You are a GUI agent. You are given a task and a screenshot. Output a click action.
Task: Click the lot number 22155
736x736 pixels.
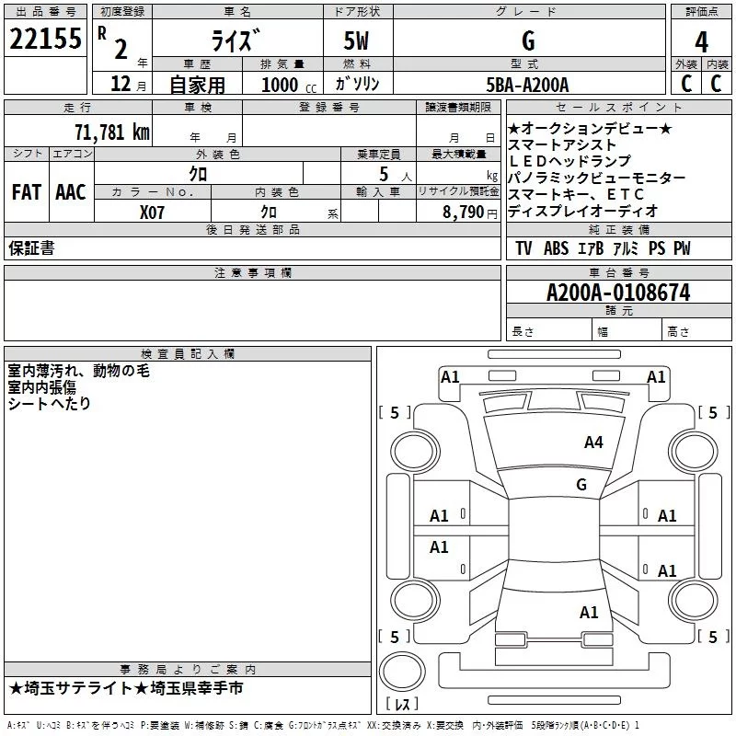[45, 40]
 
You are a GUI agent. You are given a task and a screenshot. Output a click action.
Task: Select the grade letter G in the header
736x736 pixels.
[527, 41]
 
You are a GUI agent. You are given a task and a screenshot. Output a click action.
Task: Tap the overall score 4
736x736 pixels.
[701, 41]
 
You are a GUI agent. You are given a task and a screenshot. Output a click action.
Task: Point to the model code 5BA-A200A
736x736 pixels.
[527, 85]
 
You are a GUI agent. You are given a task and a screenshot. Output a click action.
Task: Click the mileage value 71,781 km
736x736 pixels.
[111, 132]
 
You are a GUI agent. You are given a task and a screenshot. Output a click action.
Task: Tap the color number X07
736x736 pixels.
[153, 212]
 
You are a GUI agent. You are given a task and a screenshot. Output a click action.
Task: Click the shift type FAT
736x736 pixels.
[26, 192]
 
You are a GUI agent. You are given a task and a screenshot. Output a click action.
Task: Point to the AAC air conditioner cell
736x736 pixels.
[71, 192]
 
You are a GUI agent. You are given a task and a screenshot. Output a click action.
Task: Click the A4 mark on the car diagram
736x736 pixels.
[593, 443]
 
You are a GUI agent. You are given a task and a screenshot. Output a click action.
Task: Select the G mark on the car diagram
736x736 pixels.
[581, 485]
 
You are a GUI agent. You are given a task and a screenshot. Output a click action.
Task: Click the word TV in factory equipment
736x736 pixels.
[523, 248]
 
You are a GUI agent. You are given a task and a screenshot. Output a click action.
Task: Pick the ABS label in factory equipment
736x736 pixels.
[556, 248]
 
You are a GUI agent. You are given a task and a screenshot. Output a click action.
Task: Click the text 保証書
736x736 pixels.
[31, 248]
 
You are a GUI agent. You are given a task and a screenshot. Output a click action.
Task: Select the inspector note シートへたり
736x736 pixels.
[49, 403]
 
